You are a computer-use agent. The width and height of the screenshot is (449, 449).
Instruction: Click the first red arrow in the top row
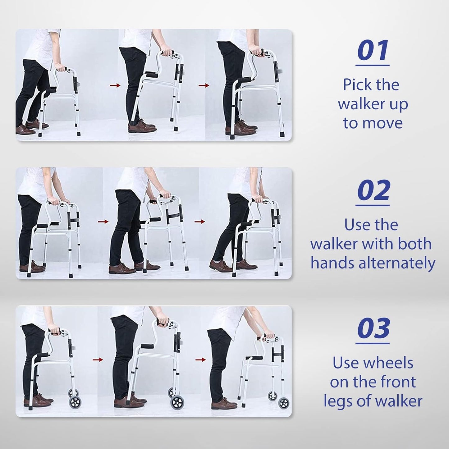coord(115,85)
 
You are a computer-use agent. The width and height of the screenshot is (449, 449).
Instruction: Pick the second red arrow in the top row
coord(204,85)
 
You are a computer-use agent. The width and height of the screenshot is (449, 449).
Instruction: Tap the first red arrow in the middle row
coord(103,222)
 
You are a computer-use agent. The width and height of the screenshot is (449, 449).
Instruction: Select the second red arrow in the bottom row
coord(201,360)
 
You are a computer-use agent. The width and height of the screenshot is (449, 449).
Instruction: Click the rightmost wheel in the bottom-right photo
coord(284,403)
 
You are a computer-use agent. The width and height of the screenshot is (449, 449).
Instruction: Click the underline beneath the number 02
coord(373,205)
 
